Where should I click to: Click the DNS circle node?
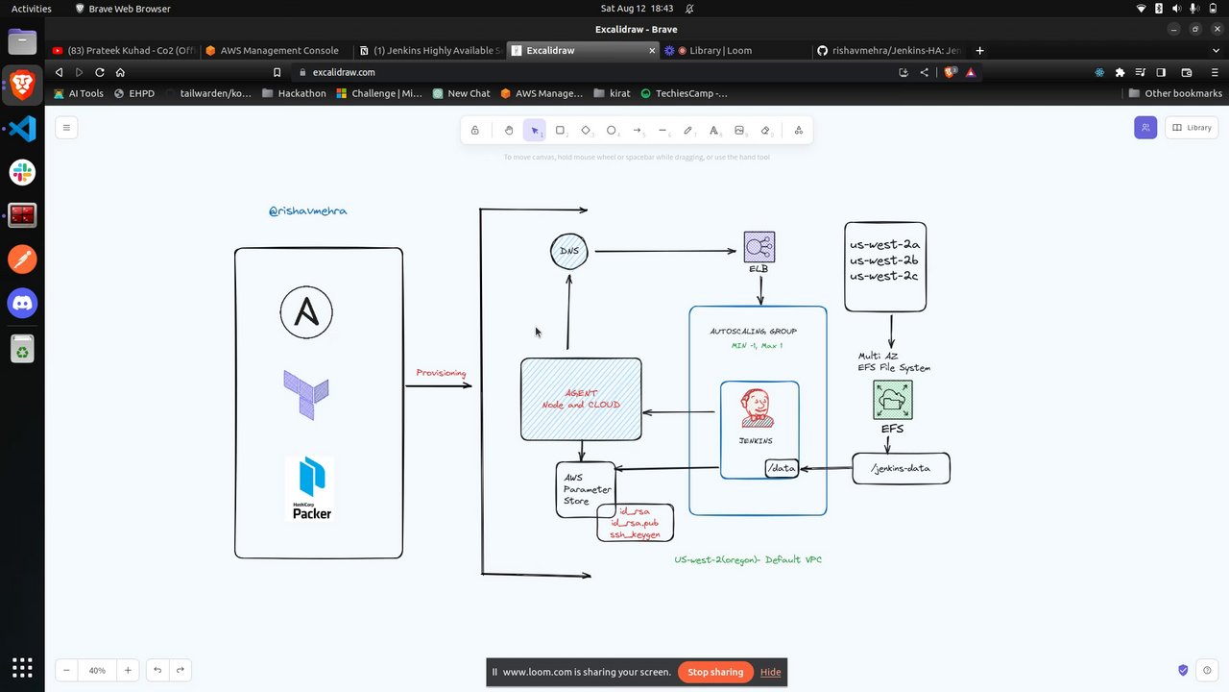pyautogui.click(x=569, y=251)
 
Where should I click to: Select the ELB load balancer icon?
pyautogui.click(x=759, y=247)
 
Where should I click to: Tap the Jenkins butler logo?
pyautogui.click(x=757, y=408)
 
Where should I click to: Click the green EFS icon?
pyautogui.click(x=893, y=400)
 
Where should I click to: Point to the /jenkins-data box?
pyautogui.click(x=901, y=468)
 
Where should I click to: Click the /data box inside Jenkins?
pyautogui.click(x=782, y=468)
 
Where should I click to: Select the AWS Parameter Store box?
pyautogui.click(x=586, y=489)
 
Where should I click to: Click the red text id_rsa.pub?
pyautogui.click(x=639, y=523)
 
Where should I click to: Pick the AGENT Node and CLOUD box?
pyautogui.click(x=581, y=399)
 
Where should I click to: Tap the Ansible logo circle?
pyautogui.click(x=306, y=312)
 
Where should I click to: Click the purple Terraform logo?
pyautogui.click(x=306, y=394)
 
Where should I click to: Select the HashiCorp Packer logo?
pyautogui.click(x=311, y=489)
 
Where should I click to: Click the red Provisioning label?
pyautogui.click(x=441, y=373)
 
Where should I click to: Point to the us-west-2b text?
pyautogui.click(x=883, y=260)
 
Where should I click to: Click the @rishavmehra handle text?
pyautogui.click(x=308, y=210)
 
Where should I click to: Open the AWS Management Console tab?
pyautogui.click(x=278, y=50)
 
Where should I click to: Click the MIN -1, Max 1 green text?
pyautogui.click(x=757, y=346)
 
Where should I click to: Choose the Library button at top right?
pyautogui.click(x=1191, y=127)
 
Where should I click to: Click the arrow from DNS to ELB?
pyautogui.click(x=664, y=252)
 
